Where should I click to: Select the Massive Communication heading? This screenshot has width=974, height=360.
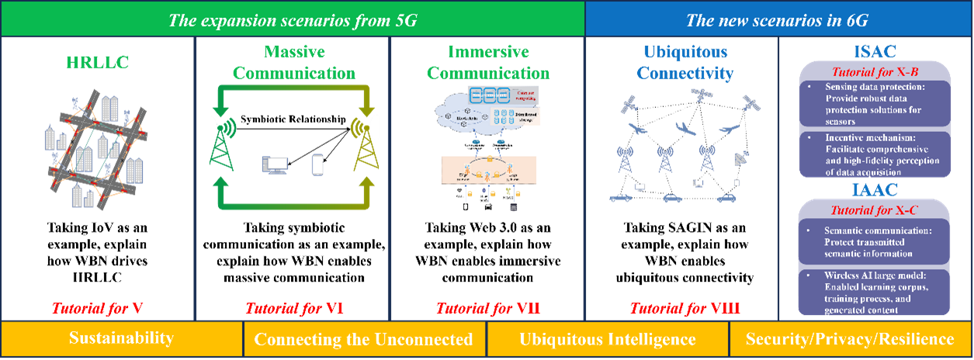click(294, 62)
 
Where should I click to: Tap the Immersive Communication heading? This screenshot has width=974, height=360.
click(488, 62)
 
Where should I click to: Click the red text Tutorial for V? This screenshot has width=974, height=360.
click(96, 308)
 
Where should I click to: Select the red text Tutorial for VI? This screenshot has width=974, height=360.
click(294, 308)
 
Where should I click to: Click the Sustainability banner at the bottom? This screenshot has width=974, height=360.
click(121, 338)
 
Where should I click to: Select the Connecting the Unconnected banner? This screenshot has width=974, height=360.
click(363, 339)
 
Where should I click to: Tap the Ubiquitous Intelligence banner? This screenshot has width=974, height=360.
click(608, 339)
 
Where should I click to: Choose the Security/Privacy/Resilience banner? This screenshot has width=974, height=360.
click(850, 339)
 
